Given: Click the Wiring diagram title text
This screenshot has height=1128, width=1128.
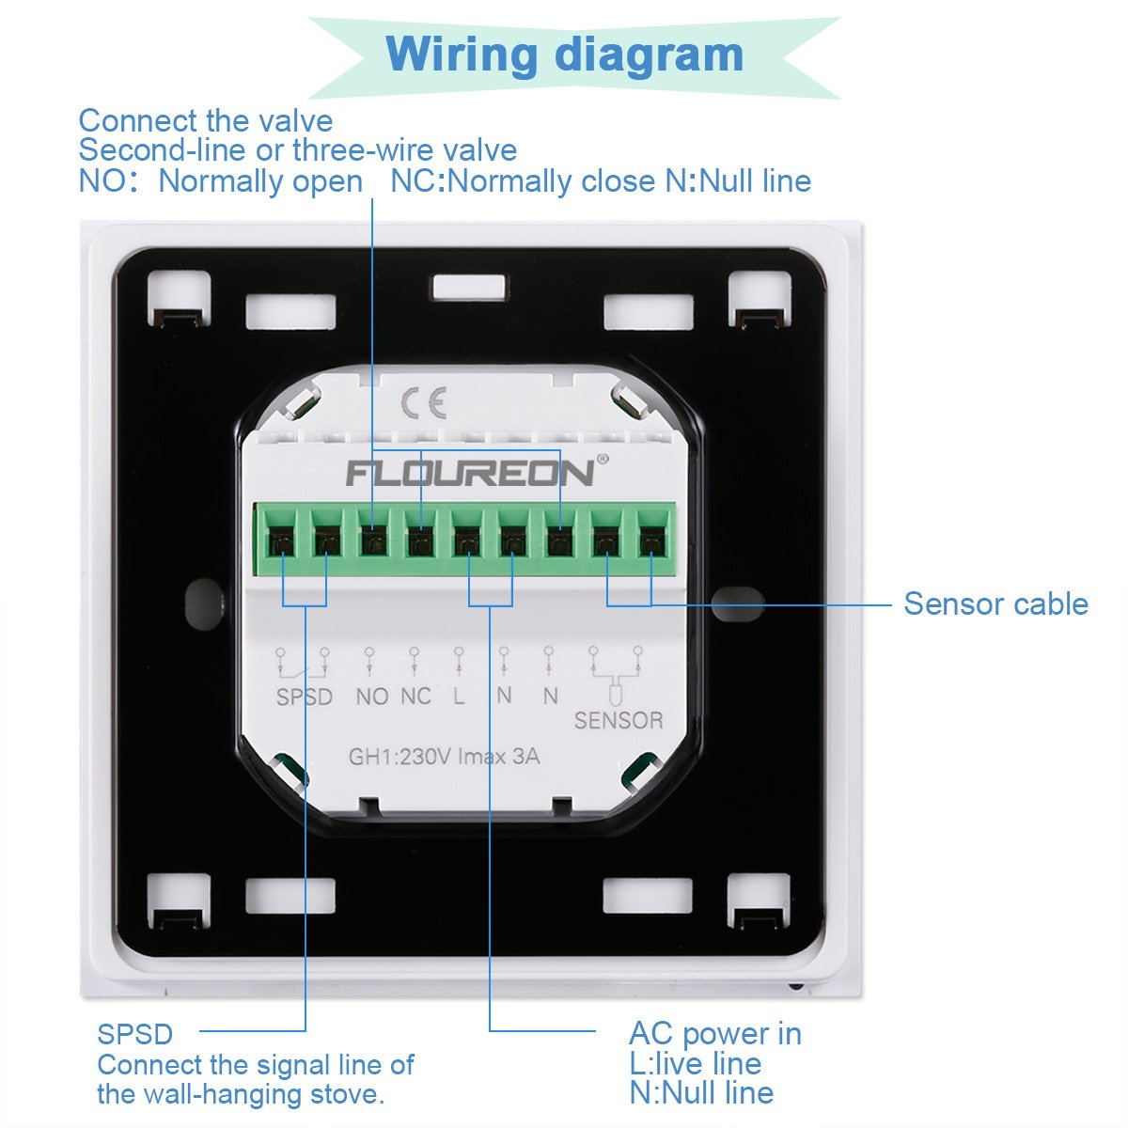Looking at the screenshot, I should [564, 54].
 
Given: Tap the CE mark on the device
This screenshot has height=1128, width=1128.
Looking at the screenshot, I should [423, 403].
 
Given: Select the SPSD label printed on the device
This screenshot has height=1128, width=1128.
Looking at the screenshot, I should [304, 697].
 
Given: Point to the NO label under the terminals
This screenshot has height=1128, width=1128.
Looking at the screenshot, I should [372, 697].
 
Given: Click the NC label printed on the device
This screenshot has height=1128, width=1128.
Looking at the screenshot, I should [415, 697].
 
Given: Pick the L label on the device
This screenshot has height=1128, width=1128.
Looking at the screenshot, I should [459, 697].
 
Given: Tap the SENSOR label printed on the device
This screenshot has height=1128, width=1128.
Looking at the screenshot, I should [619, 720].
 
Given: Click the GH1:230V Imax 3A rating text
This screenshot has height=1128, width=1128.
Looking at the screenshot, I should [444, 757].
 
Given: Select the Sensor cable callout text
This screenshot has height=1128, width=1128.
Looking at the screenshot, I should [995, 603].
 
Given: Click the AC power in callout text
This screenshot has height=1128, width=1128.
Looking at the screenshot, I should [714, 1033].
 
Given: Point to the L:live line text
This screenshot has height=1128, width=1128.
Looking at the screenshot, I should [695, 1063].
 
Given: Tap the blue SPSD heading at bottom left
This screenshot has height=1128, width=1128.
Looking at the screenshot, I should [135, 1034].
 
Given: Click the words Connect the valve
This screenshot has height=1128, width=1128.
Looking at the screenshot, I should [205, 120].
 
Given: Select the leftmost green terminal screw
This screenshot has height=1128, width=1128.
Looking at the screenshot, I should [279, 541].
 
